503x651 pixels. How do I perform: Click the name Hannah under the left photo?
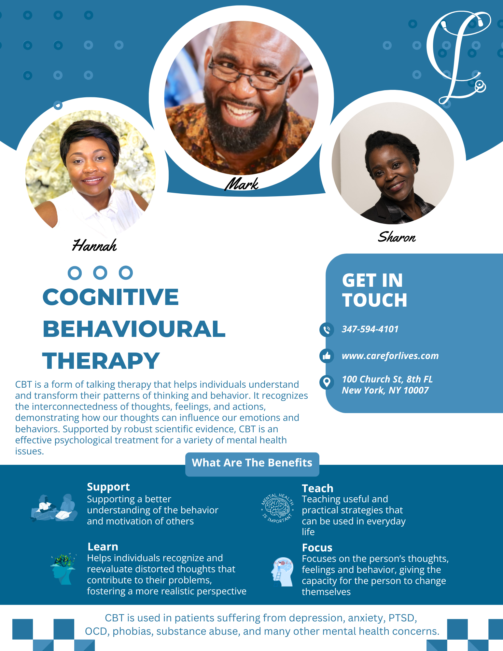point(94,245)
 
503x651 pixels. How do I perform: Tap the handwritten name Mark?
point(242,184)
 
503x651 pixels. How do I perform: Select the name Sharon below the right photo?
point(397,237)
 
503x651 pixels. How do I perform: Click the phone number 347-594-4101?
point(370,329)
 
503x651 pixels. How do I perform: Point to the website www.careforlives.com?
point(390,356)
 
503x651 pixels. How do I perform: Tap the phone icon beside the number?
point(327,330)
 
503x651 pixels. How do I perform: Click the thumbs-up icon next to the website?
point(327,356)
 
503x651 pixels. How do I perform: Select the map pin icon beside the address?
point(327,382)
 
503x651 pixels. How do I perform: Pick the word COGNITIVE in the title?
point(111,297)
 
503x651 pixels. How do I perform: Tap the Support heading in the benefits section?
point(108,487)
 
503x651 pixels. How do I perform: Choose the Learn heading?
point(103,547)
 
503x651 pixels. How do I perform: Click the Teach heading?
point(317,488)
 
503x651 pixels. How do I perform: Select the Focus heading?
point(317,548)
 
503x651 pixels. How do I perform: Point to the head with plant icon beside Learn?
point(63,568)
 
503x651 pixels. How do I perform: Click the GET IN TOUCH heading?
point(374,290)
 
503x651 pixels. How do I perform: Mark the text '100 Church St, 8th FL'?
point(387,379)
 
